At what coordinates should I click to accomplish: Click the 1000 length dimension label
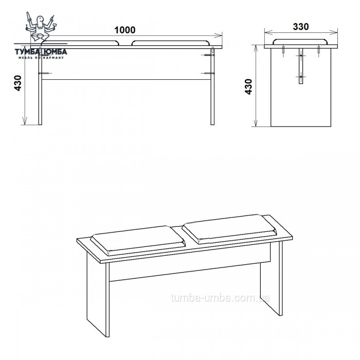click(125, 30)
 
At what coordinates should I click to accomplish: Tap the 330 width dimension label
click(301, 27)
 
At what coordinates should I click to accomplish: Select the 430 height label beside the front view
click(18, 83)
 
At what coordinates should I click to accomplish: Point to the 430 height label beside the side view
click(248, 86)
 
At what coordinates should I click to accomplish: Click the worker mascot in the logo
click(41, 26)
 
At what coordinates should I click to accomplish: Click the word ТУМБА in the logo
click(27, 52)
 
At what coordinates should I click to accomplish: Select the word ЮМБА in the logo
click(55, 52)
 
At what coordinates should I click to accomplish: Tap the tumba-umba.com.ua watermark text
click(220, 298)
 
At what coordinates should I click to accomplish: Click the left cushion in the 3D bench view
click(138, 240)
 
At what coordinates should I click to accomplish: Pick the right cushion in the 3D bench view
click(229, 229)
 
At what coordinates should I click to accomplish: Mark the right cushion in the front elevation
click(171, 43)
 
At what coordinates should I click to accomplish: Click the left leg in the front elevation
click(40, 86)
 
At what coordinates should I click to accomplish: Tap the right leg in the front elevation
click(212, 86)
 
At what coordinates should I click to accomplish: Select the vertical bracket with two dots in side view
click(301, 66)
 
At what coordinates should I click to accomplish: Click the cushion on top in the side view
click(301, 42)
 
